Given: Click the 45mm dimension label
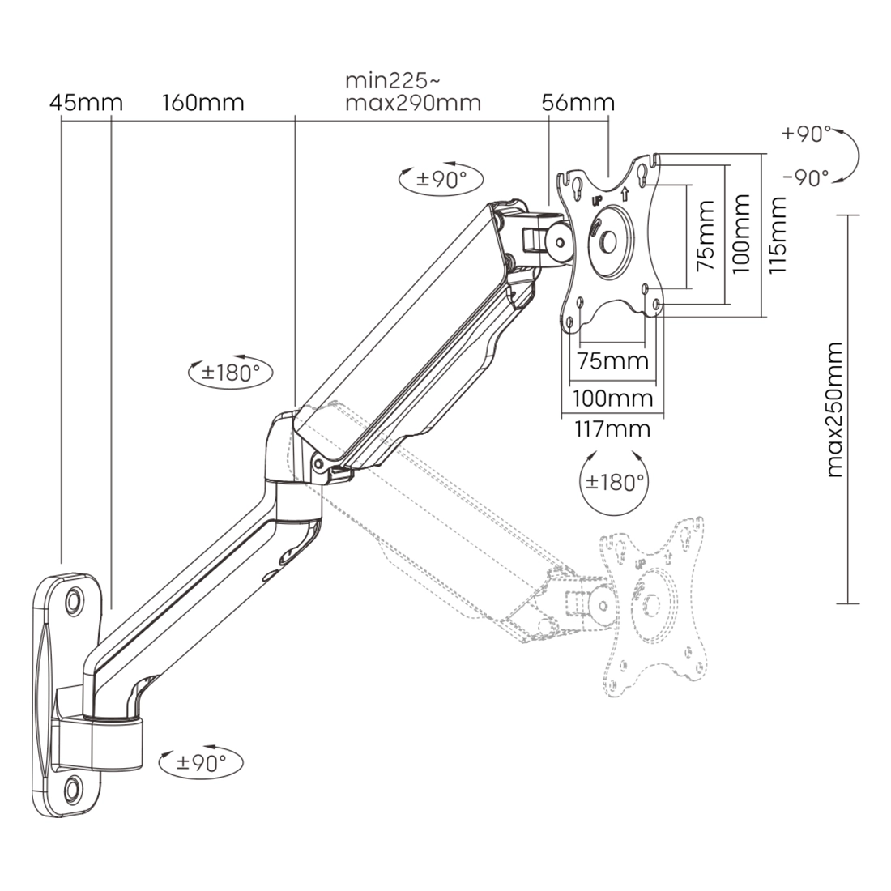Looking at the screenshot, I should point(86,103).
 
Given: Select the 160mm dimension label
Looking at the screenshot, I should point(202,103).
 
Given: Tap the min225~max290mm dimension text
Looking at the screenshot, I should point(412,92).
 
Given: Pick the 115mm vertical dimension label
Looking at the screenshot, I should point(779,234).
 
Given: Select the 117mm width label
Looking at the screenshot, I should point(612,428).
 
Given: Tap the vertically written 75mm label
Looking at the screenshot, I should point(706,234).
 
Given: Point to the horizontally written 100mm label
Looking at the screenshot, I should point(612,398).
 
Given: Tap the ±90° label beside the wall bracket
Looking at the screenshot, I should point(199,762).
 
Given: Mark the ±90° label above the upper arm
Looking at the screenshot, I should point(441,178).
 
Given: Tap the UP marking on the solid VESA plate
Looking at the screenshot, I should point(597,200).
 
